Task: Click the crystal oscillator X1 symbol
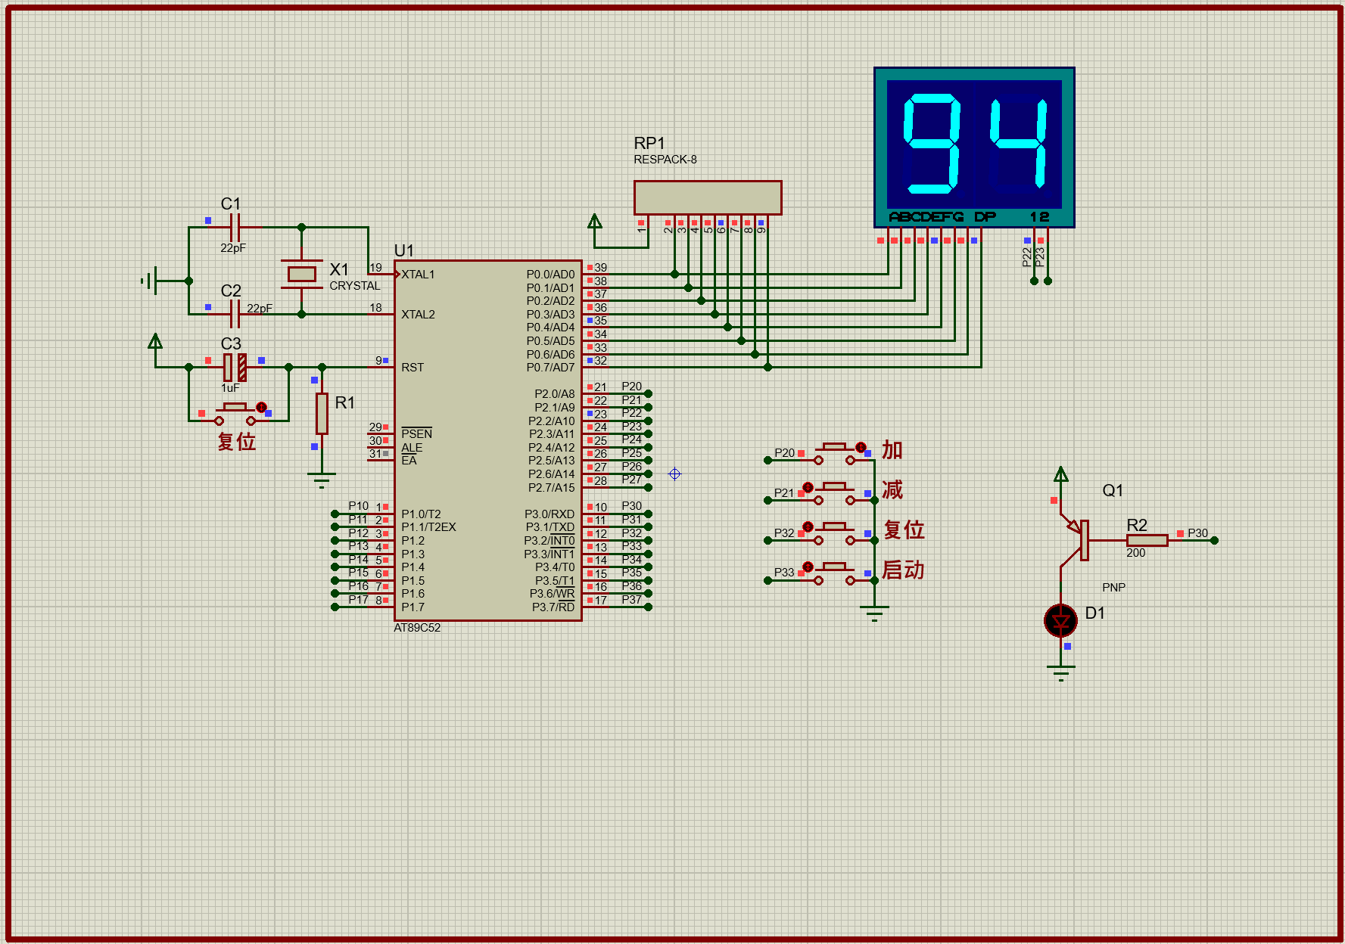(301, 274)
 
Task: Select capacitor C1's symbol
(235, 227)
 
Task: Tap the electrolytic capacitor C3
(235, 367)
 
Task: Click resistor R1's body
(322, 413)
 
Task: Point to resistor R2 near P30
(1147, 540)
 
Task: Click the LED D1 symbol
(1060, 621)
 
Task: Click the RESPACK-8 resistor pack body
(707, 197)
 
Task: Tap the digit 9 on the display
(932, 144)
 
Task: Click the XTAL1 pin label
(418, 275)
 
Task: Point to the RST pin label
(413, 368)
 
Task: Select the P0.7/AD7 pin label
(550, 368)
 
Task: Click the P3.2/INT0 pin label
(549, 541)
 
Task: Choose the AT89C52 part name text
(417, 628)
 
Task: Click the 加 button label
(892, 450)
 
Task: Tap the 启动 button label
(903, 570)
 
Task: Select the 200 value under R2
(1135, 553)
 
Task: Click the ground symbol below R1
(322, 479)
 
